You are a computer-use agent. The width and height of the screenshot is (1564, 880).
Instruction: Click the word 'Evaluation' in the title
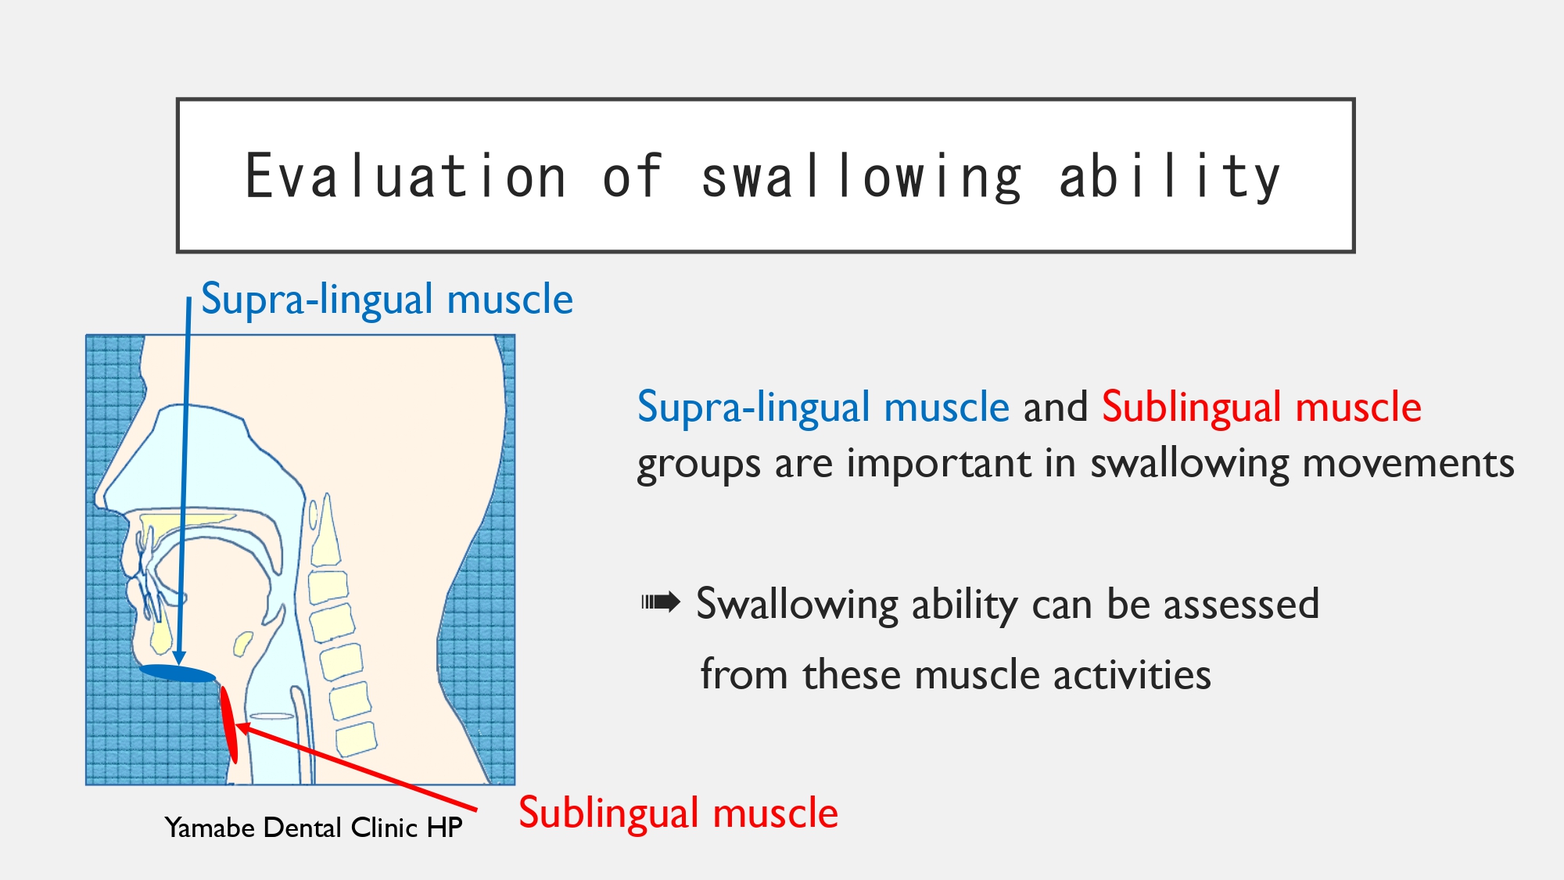click(x=406, y=177)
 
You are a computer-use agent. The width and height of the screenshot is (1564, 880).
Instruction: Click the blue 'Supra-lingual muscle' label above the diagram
click(x=387, y=299)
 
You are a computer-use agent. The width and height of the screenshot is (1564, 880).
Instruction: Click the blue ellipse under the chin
click(x=178, y=673)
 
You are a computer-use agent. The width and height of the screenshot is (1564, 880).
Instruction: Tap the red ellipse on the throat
click(x=228, y=724)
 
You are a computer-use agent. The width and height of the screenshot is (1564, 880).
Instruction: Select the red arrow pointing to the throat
click(x=356, y=767)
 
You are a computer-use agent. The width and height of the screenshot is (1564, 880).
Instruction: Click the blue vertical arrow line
click(x=184, y=480)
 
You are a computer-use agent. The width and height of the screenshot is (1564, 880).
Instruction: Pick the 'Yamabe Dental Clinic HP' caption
click(x=314, y=828)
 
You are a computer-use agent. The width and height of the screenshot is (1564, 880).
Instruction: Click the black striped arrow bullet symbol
click(x=661, y=602)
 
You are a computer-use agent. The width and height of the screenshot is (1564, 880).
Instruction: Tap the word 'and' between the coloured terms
click(x=1056, y=408)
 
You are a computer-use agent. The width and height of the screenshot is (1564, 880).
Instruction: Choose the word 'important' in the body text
click(x=938, y=463)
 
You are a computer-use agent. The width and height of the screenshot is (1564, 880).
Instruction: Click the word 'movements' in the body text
click(x=1408, y=463)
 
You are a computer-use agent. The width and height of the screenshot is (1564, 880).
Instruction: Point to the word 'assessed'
click(x=1241, y=604)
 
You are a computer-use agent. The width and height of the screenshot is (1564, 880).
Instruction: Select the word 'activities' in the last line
click(x=1131, y=674)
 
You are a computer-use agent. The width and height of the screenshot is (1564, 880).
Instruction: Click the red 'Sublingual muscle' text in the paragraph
click(x=1261, y=408)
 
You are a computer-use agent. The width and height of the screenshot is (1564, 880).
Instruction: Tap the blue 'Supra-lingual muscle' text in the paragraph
click(x=823, y=408)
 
